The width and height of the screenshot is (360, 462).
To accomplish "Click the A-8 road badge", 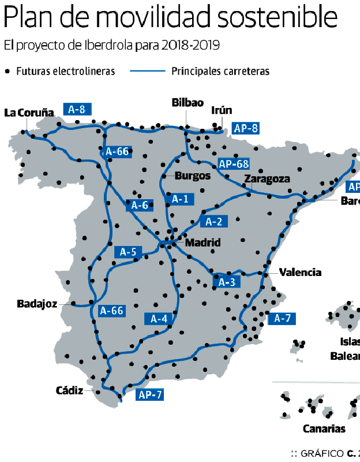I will tap(77, 109).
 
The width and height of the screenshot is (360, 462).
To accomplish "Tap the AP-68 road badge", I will tap(234, 164).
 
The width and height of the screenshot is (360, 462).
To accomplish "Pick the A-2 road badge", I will tap(213, 221).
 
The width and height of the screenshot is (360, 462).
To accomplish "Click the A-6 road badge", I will tap(140, 205).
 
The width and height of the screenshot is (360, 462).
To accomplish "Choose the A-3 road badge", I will tap(227, 282).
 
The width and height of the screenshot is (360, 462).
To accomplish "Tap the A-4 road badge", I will tap(159, 318).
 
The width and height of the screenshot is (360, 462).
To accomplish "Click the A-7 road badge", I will tap(282, 318).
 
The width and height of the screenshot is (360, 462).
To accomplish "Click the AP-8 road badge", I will tap(245, 128).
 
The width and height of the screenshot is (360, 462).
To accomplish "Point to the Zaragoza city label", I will tap(267, 179).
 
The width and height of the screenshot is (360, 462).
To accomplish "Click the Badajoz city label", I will tap(37, 304).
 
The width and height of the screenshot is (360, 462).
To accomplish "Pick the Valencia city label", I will tap(300, 273).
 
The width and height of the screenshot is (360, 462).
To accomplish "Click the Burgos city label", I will tap(193, 176).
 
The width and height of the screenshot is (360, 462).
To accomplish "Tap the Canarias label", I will tap(324, 429).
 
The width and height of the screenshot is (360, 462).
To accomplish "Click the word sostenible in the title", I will tap(277, 18).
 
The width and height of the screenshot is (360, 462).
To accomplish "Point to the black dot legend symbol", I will tap(7, 72).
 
